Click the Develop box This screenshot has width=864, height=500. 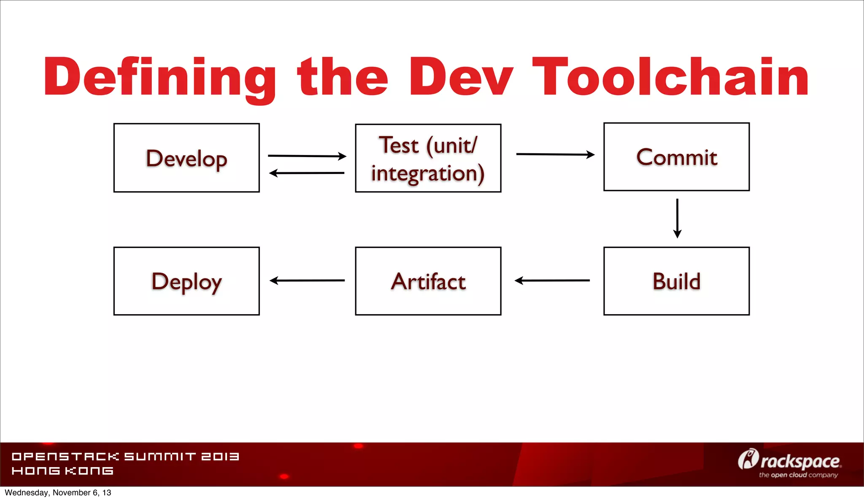point(186,158)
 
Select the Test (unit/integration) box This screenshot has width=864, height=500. point(428,158)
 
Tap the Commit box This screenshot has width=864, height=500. point(676,157)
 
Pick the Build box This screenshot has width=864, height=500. point(676,281)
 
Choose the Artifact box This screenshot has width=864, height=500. point(428,281)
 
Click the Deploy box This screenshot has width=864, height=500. point(186,281)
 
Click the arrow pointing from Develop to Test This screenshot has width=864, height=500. point(307,156)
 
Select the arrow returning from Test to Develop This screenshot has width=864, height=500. point(307,173)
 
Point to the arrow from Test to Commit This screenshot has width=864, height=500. point(555,155)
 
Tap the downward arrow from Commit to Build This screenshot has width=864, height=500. point(677,218)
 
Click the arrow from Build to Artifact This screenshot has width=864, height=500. point(552,280)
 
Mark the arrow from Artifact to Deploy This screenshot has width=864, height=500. point(307,280)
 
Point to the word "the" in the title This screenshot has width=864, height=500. point(342,77)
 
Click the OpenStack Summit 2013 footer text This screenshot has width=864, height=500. point(125,457)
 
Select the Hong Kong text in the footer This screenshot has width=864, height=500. point(62,471)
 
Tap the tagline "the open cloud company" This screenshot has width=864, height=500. point(798,475)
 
